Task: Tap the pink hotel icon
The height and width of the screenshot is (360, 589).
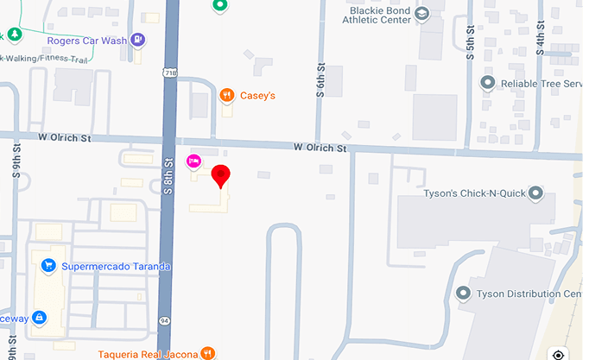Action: (x=194, y=161)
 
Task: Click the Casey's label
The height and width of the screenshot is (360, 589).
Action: (x=257, y=95)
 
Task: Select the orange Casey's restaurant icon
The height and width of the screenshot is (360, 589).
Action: (x=227, y=95)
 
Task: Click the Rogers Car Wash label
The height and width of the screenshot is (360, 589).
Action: (x=86, y=40)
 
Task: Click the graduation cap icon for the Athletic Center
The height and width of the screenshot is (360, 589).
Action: (x=421, y=13)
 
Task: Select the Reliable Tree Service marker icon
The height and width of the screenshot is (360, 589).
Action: (x=487, y=83)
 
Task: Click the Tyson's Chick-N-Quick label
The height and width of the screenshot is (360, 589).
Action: (x=474, y=193)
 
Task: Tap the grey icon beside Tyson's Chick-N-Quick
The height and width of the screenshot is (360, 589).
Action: (x=535, y=193)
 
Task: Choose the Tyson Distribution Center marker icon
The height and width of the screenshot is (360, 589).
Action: (x=464, y=294)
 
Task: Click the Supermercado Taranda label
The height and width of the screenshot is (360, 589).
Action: (x=116, y=267)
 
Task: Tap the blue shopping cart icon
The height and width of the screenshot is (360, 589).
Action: (x=48, y=266)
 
